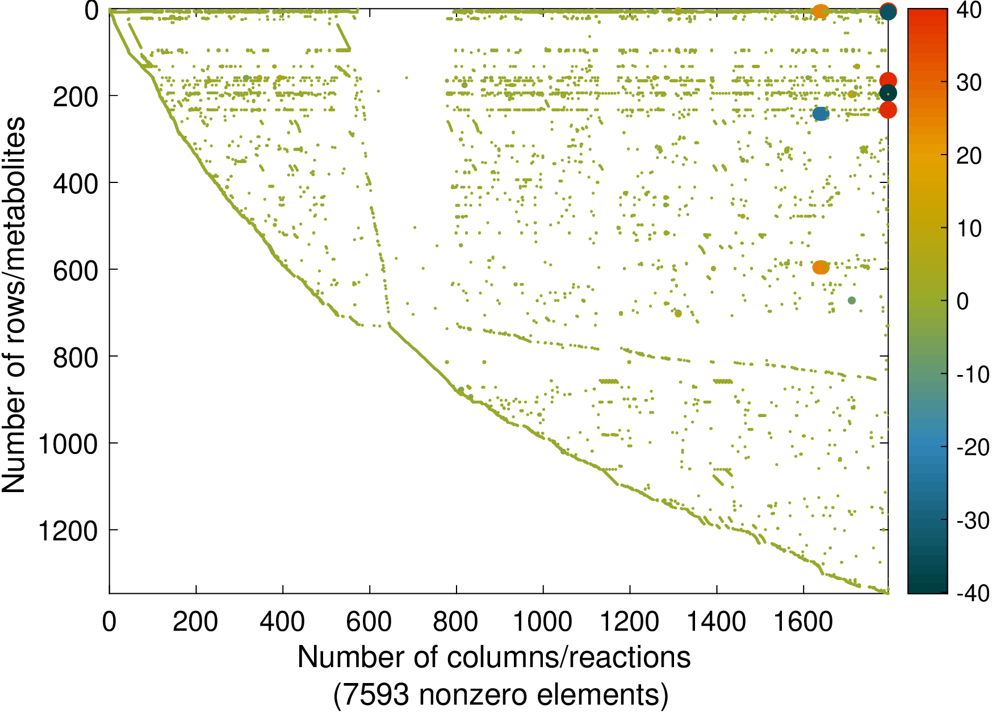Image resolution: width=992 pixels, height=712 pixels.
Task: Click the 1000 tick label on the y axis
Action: (x=67, y=444)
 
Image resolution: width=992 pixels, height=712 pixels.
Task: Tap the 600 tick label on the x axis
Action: (x=369, y=622)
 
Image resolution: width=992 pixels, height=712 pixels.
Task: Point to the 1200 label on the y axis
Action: (x=67, y=531)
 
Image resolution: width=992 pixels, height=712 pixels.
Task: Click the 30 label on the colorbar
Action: (x=969, y=82)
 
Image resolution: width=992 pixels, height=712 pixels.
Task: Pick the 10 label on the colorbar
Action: (x=969, y=228)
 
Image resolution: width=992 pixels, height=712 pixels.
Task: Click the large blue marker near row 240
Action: (x=821, y=114)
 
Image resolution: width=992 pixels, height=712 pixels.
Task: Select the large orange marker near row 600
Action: (x=821, y=267)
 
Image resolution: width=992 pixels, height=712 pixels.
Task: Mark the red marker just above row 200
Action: (x=888, y=81)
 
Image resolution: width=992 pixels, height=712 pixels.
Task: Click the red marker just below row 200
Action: (x=888, y=110)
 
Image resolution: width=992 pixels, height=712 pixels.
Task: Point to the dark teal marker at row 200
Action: (x=888, y=93)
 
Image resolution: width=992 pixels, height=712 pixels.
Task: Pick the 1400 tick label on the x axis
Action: (x=717, y=622)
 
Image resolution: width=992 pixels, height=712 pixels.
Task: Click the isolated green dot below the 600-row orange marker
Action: (x=851, y=301)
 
